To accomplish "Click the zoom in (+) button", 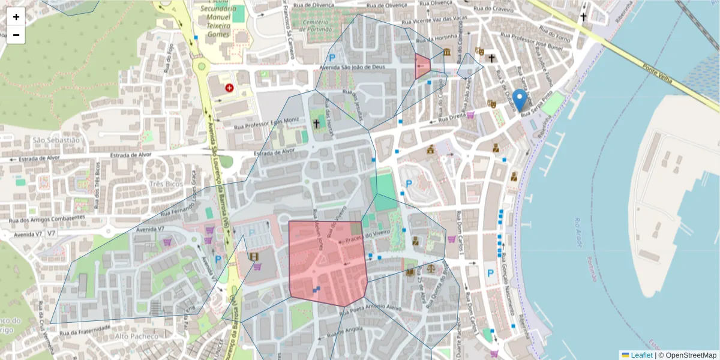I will click(16, 17).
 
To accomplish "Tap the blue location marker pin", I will click(521, 99).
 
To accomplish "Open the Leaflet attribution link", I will click(641, 355).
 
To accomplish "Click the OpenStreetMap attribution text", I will click(687, 355).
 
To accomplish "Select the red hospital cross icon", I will click(229, 88).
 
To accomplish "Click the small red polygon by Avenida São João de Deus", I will click(422, 66).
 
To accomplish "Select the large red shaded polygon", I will click(327, 261).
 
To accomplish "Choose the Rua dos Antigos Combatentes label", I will click(43, 219).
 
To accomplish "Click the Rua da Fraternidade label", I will click(84, 328).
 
